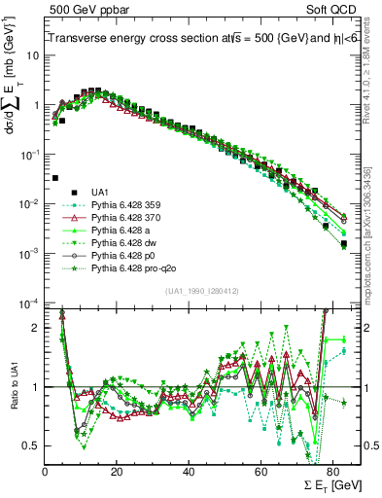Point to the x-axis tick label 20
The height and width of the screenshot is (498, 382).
[117, 470]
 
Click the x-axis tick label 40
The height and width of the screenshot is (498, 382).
[189, 470]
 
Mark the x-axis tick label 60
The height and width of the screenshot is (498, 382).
[260, 470]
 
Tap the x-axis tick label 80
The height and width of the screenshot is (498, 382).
[332, 470]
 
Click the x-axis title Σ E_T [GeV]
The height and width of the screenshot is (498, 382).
[322, 484]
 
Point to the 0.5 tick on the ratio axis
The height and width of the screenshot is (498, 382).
[31, 445]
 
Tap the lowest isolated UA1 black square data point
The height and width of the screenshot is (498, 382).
[55, 178]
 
